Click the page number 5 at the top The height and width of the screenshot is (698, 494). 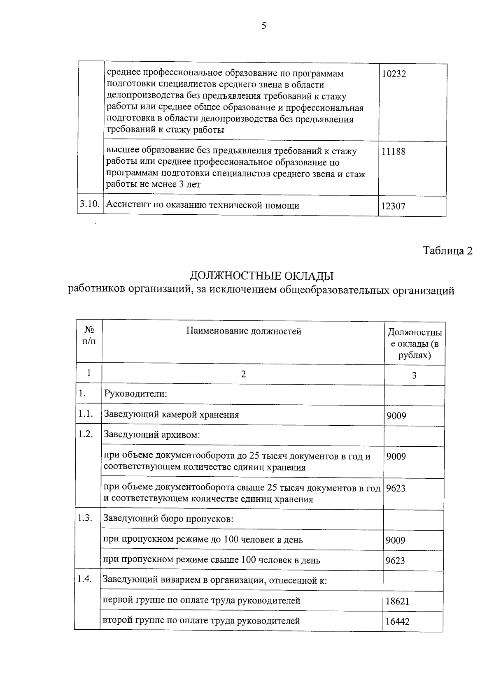(264, 26)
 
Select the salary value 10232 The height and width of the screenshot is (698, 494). (394, 74)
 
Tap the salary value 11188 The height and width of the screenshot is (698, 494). (393, 151)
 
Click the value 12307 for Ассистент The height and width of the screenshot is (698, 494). (393, 206)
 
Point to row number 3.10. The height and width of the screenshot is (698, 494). (90, 205)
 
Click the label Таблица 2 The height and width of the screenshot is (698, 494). (447, 251)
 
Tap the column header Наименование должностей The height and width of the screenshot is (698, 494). (244, 331)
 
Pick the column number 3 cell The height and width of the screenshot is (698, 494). (414, 375)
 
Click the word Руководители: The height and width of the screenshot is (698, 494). (135, 394)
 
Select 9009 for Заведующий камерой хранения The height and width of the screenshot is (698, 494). (396, 416)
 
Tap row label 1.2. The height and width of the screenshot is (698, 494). (85, 434)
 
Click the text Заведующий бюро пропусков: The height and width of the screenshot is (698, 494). (168, 519)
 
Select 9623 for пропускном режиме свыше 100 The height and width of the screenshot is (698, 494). (395, 561)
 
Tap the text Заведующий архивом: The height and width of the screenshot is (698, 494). (151, 435)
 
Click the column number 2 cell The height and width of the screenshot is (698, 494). (243, 374)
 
